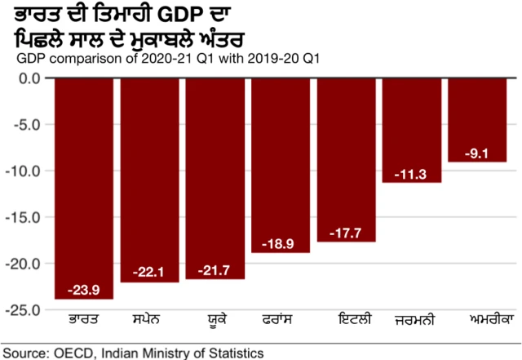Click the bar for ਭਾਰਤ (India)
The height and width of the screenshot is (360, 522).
tap(84, 188)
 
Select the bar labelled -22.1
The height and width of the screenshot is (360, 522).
tap(149, 180)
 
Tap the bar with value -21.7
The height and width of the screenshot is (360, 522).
tap(215, 178)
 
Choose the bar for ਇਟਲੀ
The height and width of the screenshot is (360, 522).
tap(347, 160)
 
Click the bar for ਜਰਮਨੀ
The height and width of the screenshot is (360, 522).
tap(412, 131)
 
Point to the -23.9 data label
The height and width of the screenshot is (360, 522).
tap(84, 289)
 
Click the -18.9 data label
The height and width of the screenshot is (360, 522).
tap(281, 243)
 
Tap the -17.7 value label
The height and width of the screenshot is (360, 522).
tap(347, 232)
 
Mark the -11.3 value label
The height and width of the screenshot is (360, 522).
tap(412, 173)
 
